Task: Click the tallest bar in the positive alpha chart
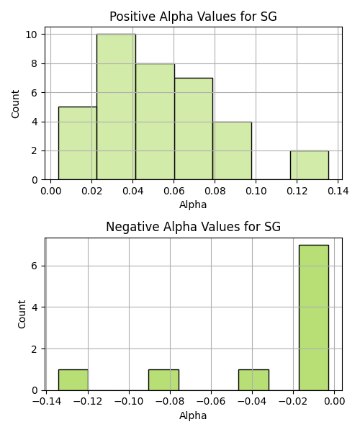click(x=116, y=107)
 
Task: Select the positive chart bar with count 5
click(x=78, y=143)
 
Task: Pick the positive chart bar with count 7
click(x=194, y=129)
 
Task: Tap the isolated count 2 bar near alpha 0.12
click(x=310, y=166)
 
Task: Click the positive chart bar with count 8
click(x=155, y=122)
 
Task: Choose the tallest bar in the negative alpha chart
click(x=314, y=318)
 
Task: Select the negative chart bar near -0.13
click(x=73, y=380)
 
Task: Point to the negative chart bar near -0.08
click(x=163, y=380)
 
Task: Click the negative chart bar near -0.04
click(x=253, y=380)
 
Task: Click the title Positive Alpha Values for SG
click(x=193, y=17)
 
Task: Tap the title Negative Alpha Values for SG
click(x=193, y=227)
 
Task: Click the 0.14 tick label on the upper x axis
click(x=338, y=191)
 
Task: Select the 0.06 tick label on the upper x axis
click(x=174, y=191)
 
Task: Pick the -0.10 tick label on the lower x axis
click(x=129, y=402)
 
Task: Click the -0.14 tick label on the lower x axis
click(x=46, y=402)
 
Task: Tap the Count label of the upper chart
click(x=15, y=104)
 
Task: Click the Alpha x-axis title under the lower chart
click(x=193, y=415)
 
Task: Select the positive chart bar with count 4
click(x=232, y=150)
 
